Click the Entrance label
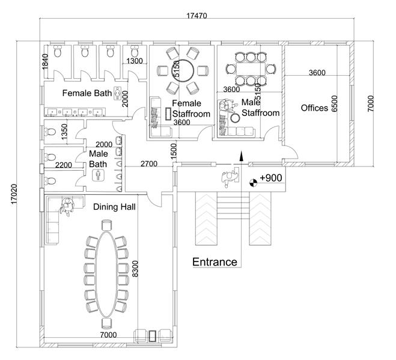tap(214, 261)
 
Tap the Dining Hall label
tap(114, 207)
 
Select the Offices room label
tap(314, 108)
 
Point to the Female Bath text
tap(88, 93)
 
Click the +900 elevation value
tap(270, 178)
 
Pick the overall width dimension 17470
tap(197, 16)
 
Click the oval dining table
tap(106, 266)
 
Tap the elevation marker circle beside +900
tap(253, 179)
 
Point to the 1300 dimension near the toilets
tap(135, 61)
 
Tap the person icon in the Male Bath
tap(98, 175)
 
